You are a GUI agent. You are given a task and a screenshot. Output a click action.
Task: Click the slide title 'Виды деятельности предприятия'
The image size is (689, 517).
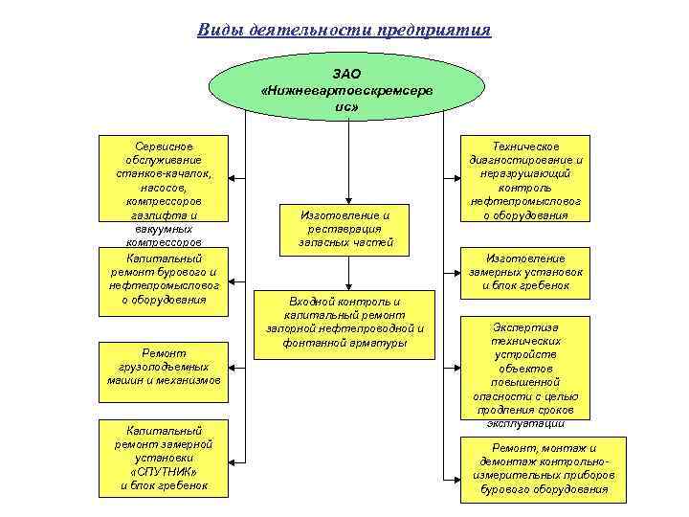click(x=344, y=30)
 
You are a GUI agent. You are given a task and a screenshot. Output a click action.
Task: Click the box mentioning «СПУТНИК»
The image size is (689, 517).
click(x=165, y=458)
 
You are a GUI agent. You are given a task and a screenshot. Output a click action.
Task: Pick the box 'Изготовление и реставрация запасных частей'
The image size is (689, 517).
click(x=345, y=230)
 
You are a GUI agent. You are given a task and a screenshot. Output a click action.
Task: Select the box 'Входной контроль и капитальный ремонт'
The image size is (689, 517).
click(x=344, y=323)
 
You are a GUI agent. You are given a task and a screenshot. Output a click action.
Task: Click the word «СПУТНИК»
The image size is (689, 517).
click(x=164, y=472)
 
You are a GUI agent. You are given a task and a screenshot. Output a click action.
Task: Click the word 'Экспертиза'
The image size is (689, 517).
click(x=525, y=326)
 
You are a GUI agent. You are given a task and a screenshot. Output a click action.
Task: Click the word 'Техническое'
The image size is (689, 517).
click(x=525, y=146)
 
